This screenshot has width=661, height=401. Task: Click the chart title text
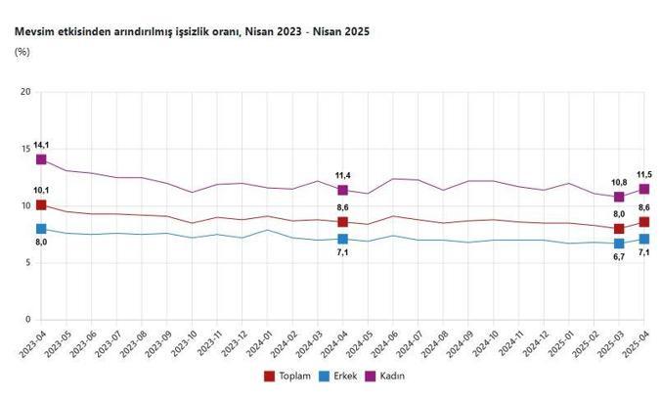point(191,32)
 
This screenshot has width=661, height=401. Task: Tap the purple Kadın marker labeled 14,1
point(41,159)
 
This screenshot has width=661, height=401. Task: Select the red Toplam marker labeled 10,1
point(41,205)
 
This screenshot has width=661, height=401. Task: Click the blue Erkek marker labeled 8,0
point(41,229)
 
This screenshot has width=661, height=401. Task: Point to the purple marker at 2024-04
point(342,190)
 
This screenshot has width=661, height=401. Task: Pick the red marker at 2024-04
point(342,222)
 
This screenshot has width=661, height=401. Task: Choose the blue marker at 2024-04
point(342,239)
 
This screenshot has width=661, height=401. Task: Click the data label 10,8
point(618,182)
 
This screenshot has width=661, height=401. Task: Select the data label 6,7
point(618,256)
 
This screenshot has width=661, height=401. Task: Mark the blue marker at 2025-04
point(644,239)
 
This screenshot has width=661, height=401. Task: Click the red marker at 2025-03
point(619,229)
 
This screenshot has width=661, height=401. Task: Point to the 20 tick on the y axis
point(26,93)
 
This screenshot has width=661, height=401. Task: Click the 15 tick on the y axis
point(26,150)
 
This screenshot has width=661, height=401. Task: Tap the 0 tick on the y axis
point(29,320)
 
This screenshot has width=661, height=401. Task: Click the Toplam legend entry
point(290,376)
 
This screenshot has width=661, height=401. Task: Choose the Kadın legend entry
point(385,376)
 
